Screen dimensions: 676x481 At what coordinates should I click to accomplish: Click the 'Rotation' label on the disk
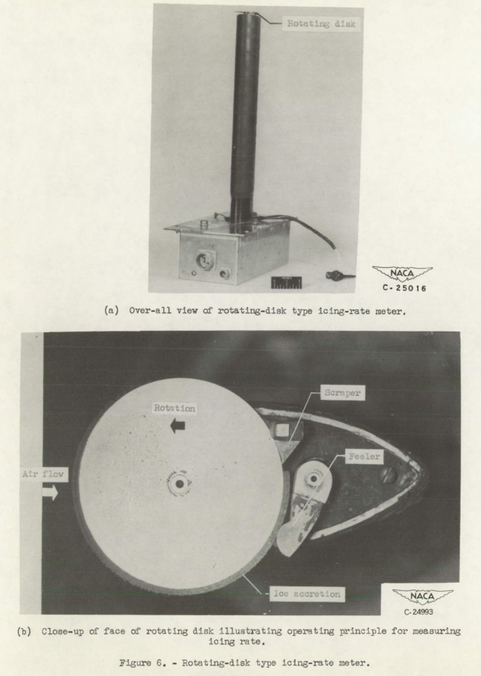click(x=174, y=409)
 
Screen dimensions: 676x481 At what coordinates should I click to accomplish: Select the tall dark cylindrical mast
click(x=246, y=114)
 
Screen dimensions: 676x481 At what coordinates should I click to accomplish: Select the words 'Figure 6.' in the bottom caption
click(x=187, y=662)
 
